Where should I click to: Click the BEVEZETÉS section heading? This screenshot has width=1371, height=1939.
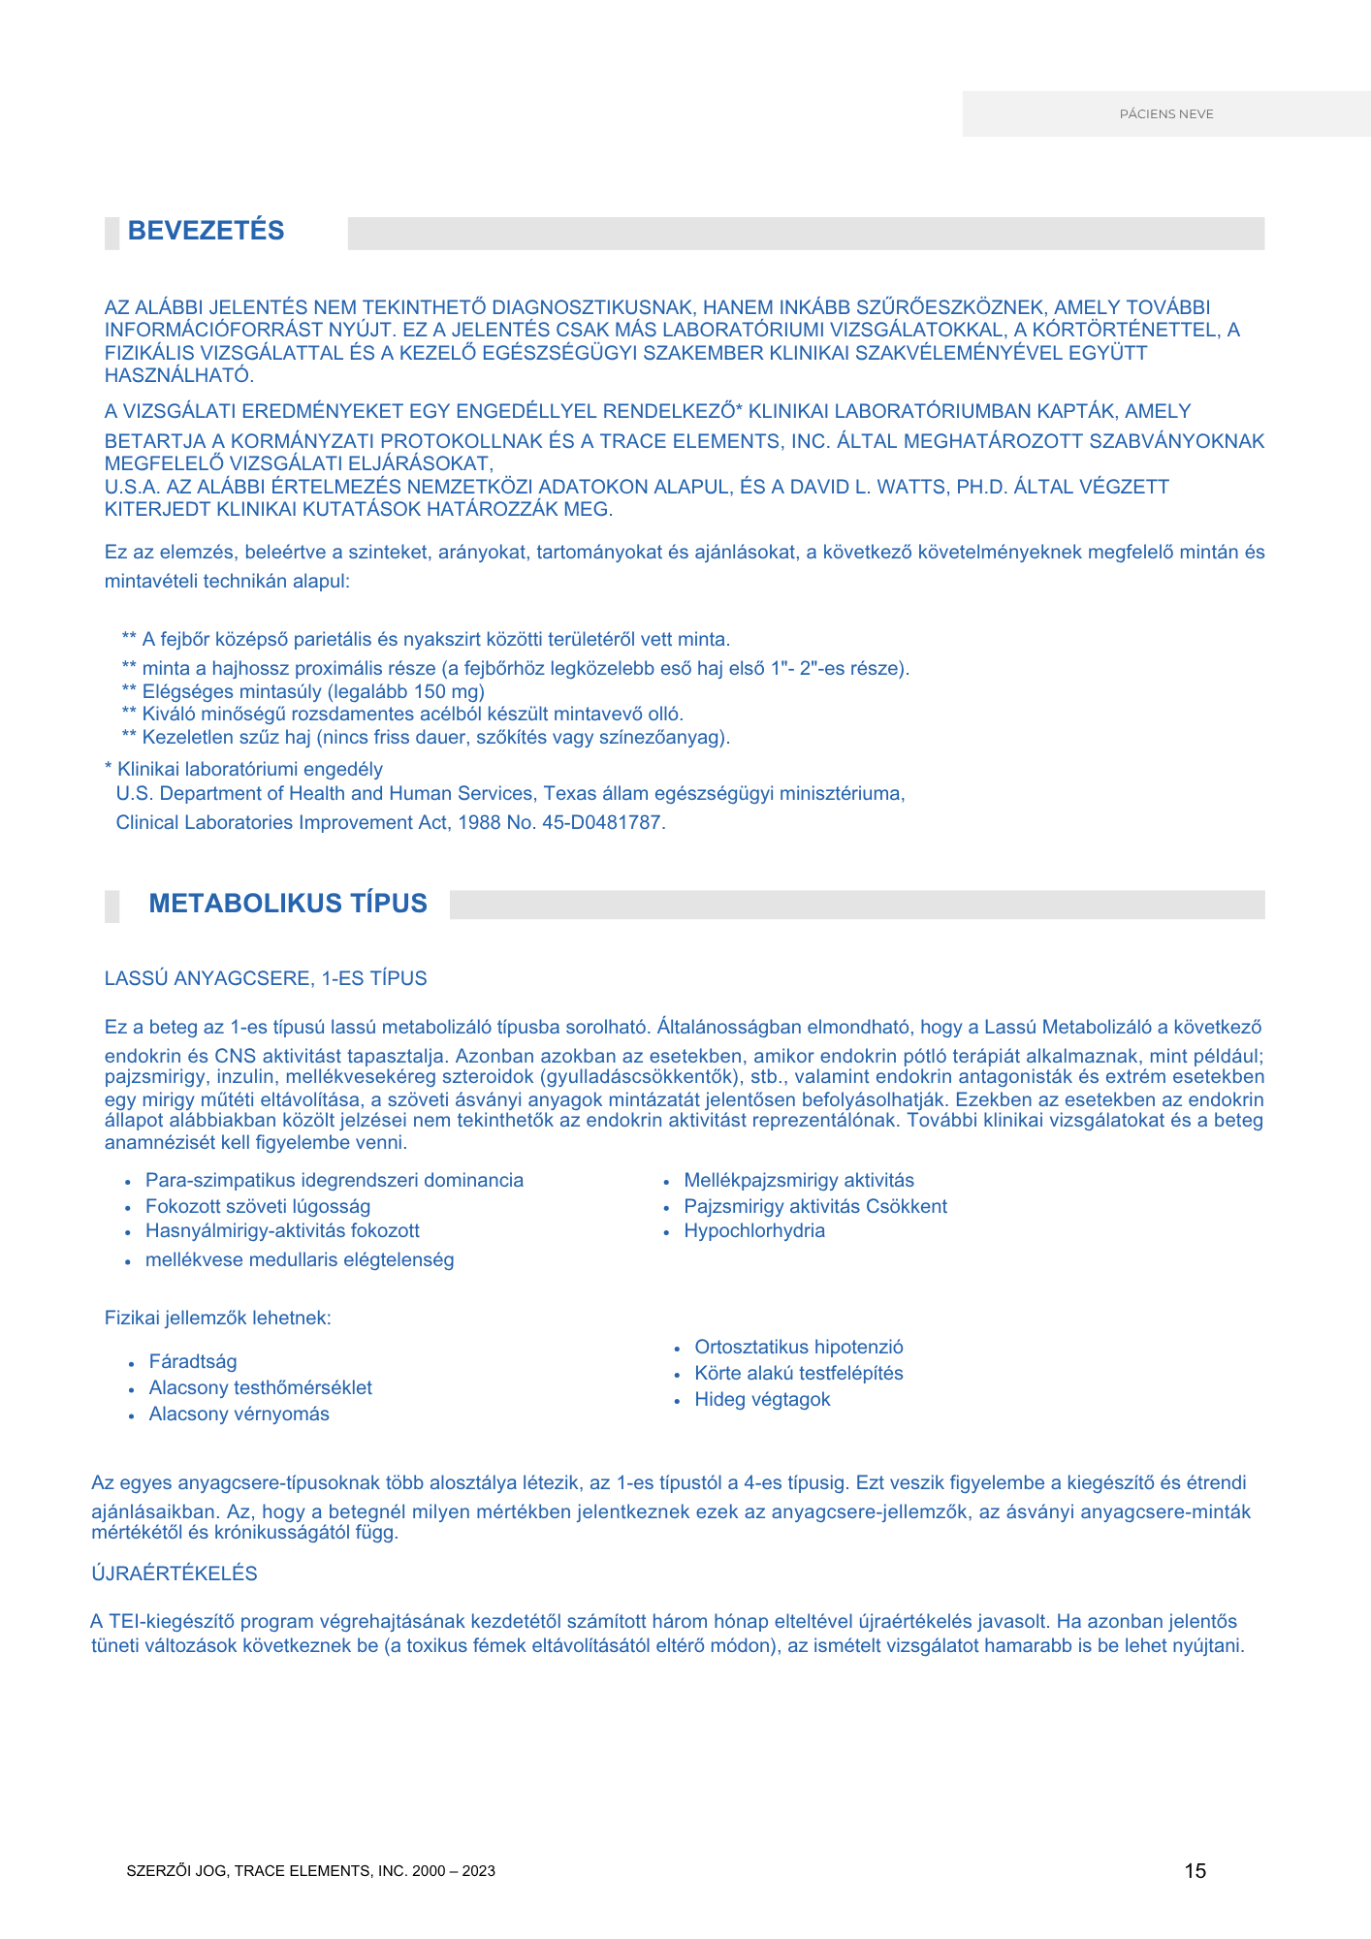[x=206, y=231]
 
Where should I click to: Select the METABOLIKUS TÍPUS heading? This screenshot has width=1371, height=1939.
[x=288, y=904]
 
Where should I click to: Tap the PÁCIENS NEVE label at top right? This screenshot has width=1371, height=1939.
[x=1166, y=114]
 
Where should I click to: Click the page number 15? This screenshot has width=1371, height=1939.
[x=1195, y=1871]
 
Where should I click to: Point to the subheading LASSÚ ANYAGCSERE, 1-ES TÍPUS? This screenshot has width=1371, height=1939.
[x=266, y=978]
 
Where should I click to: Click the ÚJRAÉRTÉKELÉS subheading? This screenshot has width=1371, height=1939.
[x=175, y=1573]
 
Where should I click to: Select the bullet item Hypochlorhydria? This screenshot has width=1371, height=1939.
[x=754, y=1231]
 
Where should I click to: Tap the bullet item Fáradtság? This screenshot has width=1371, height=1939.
[x=193, y=1362]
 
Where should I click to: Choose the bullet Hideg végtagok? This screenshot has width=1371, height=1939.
[x=762, y=1400]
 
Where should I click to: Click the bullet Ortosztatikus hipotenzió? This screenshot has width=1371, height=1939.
[x=799, y=1348]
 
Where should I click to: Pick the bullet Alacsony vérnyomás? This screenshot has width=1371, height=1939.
[x=239, y=1415]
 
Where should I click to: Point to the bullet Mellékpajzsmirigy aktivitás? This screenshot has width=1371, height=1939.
[x=799, y=1181]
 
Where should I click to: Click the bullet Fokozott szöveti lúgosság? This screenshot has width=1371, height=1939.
[x=258, y=1207]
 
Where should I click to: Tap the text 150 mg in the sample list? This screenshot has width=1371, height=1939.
[x=441, y=692]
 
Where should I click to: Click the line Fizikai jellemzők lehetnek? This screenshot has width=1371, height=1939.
[x=218, y=1319]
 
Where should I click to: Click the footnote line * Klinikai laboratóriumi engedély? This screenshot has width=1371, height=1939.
[x=243, y=770]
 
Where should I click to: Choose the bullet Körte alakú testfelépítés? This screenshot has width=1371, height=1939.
[x=799, y=1374]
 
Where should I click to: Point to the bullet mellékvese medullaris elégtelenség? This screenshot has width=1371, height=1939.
[x=300, y=1260]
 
